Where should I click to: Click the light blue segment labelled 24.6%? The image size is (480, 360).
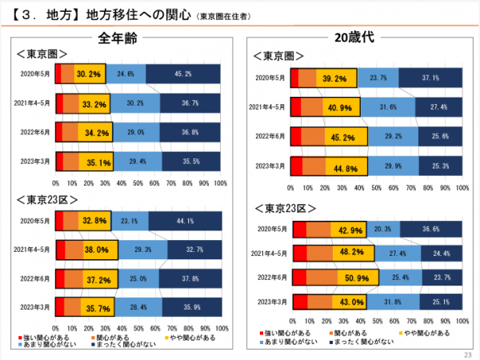126,74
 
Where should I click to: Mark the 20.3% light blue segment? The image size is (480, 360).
382,230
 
